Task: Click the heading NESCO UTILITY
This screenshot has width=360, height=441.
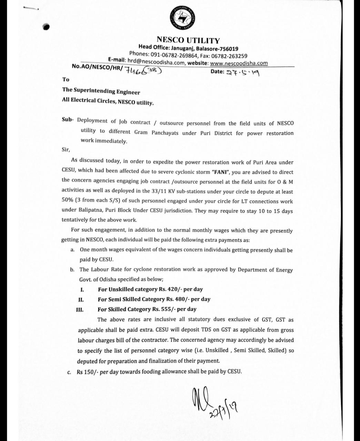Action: [x=188, y=41]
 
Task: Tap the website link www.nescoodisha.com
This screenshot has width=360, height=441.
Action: [x=239, y=63]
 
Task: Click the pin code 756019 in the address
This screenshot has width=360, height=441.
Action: [x=226, y=49]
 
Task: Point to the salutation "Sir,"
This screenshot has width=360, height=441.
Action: [x=66, y=150]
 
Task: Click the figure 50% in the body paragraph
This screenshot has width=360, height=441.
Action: [x=68, y=201]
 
